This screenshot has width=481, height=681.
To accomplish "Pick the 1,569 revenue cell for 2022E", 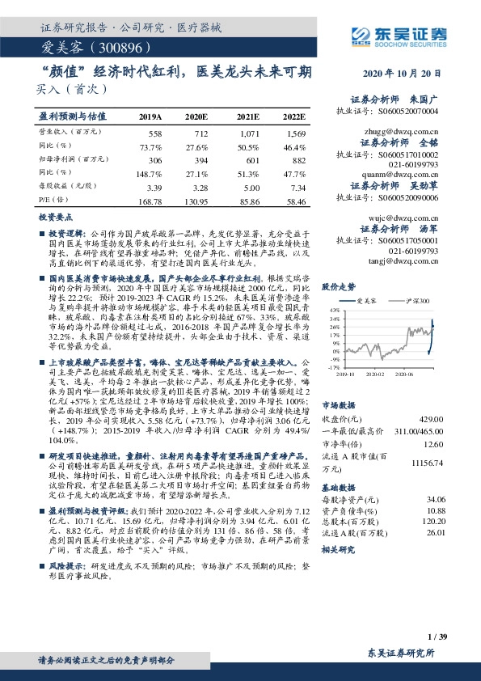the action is point(295,132).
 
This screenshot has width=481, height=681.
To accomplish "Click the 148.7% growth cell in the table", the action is point(151,173).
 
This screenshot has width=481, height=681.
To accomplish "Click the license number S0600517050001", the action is point(404,240).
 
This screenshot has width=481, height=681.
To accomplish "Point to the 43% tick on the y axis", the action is point(334,311).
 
